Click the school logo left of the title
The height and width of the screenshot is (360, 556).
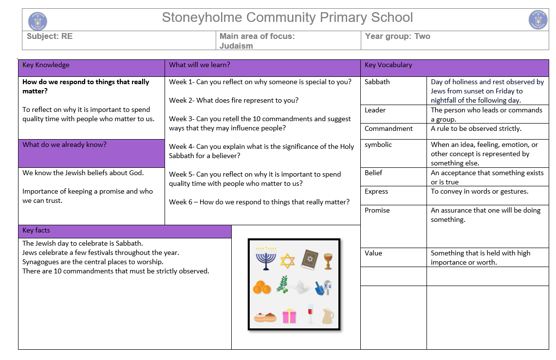click(x=37, y=21)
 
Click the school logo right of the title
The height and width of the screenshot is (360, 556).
click(x=538, y=20)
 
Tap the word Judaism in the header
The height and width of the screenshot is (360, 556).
click(x=236, y=46)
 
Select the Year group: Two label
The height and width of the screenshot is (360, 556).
click(x=397, y=36)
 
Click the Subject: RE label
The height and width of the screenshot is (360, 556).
click(x=50, y=36)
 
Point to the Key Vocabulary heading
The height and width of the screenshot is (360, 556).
click(x=388, y=65)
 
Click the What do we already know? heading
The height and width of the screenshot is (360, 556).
click(x=64, y=144)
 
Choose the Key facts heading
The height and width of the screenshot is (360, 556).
click(x=36, y=230)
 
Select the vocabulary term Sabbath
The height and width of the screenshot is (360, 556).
click(x=377, y=82)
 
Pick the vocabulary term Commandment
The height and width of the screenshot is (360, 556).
click(x=389, y=128)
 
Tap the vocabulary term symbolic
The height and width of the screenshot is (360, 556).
click(x=378, y=144)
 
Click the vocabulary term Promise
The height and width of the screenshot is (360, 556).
click(x=377, y=210)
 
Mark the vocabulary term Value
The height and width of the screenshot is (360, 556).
click(x=373, y=253)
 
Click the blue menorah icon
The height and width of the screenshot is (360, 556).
click(x=265, y=258)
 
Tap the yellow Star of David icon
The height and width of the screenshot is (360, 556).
click(x=288, y=260)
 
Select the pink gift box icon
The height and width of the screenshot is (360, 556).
click(x=289, y=316)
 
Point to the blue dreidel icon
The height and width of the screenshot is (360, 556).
click(x=322, y=288)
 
